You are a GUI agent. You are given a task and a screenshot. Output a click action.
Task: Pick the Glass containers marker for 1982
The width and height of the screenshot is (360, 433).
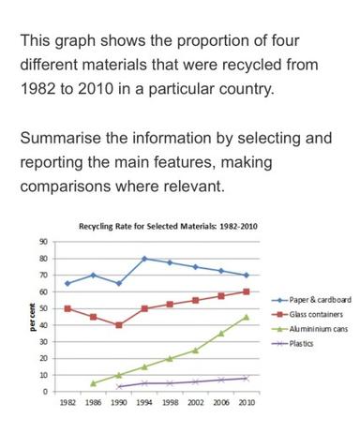67,308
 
